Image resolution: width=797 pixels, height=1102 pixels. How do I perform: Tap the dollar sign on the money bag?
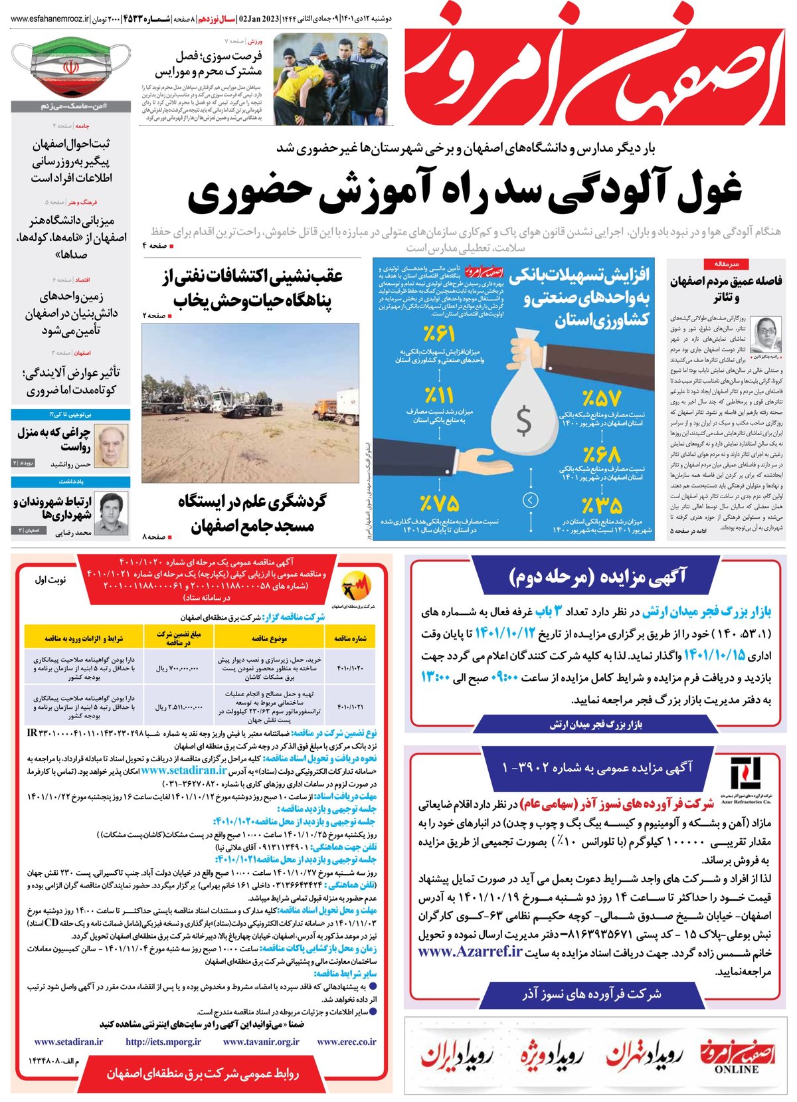tap(523, 420)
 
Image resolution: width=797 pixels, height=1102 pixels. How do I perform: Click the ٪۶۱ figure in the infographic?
tap(438, 333)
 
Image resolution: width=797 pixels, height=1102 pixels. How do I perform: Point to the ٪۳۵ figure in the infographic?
tap(602, 505)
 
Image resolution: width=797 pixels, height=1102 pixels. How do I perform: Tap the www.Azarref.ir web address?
tap(470, 951)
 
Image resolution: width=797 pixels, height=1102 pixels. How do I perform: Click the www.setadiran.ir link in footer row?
tap(68, 1042)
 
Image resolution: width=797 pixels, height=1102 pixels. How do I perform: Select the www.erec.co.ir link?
tap(347, 1042)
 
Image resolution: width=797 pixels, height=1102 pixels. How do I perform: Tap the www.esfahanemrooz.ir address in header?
tap(49, 20)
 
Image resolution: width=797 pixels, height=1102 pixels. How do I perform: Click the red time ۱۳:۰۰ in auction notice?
tap(436, 678)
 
